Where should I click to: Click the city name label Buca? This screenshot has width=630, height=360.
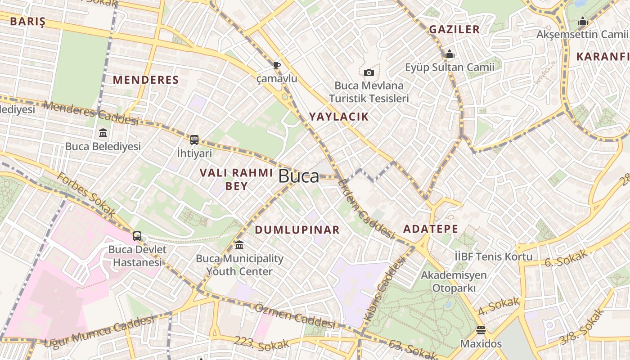298,176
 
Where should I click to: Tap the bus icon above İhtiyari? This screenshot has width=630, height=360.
194,140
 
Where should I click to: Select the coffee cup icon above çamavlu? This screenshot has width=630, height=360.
277,66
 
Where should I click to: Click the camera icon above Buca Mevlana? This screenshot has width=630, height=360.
369,72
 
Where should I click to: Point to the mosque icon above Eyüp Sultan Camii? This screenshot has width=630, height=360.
449,54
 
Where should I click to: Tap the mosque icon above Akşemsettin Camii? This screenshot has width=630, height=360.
583,21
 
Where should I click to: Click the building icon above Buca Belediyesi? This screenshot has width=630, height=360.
103,133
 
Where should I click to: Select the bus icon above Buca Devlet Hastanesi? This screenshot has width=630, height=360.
137,236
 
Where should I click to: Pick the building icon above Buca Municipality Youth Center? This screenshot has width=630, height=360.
239,245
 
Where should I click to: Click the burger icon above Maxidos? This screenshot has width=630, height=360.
481,330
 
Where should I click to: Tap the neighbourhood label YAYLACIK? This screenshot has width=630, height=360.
339,117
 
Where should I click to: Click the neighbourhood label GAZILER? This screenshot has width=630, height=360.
454,30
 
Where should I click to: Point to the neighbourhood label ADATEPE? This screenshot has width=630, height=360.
431,229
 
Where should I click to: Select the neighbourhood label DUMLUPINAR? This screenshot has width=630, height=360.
297,230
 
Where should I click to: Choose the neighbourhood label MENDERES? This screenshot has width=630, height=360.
146,80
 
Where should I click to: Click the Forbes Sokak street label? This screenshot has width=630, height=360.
86,194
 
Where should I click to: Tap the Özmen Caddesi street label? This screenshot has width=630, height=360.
295,316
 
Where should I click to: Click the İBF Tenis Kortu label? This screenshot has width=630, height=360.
493,256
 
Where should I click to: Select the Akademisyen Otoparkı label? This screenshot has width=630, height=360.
454,281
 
